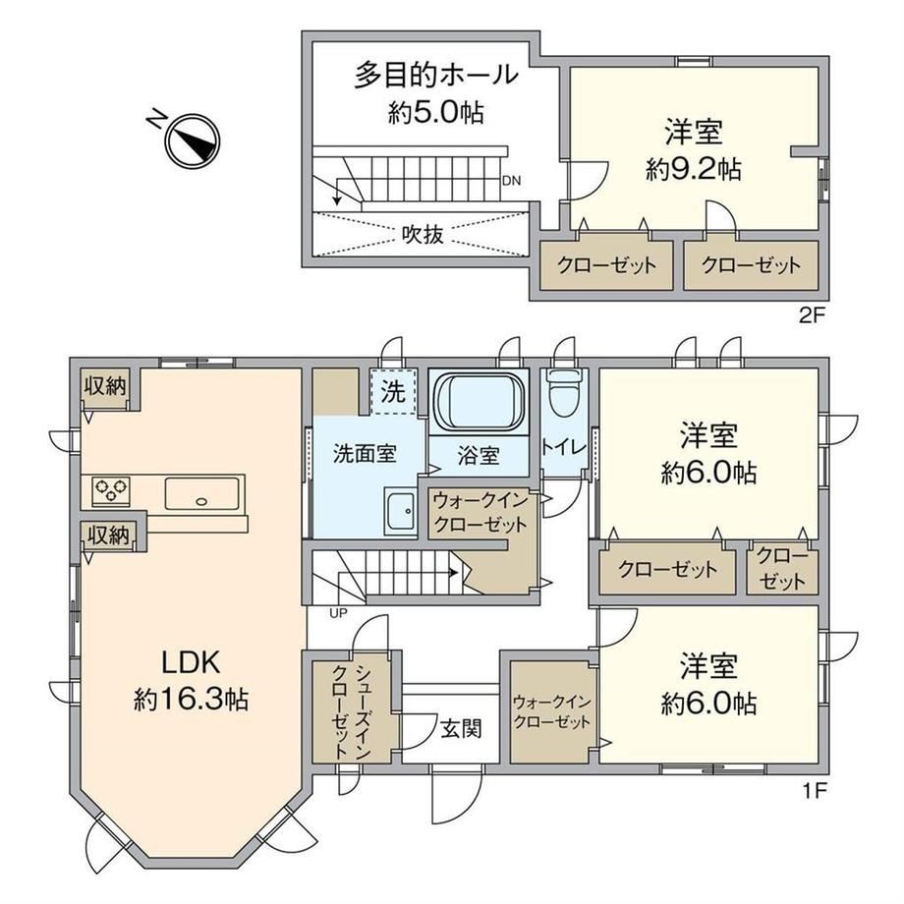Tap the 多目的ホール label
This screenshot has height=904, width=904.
pyautogui.click(x=436, y=76)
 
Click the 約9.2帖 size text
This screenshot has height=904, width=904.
pyautogui.click(x=694, y=169)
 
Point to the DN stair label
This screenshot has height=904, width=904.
pyautogui.click(x=511, y=181)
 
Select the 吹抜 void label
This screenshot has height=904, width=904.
pyautogui.click(x=423, y=235)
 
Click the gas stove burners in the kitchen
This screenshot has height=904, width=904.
pyautogui.click(x=111, y=491)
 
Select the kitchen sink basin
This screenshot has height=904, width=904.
pyautogui.click(x=201, y=493)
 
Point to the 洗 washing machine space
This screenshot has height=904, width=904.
pyautogui.click(x=393, y=392)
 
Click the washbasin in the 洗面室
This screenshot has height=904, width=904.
pyautogui.click(x=400, y=511)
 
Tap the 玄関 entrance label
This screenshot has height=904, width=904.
pyautogui.click(x=461, y=729)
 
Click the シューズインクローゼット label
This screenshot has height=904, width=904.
pyautogui.click(x=351, y=712)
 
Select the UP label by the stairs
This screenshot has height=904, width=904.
pyautogui.click(x=338, y=613)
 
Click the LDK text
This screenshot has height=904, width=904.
pyautogui.click(x=191, y=663)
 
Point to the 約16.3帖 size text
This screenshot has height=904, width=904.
pyautogui.click(x=191, y=700)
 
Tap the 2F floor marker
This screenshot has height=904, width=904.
pyautogui.click(x=813, y=315)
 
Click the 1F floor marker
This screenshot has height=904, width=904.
pyautogui.click(x=815, y=791)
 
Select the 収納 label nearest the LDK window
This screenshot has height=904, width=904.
pyautogui.click(x=105, y=386)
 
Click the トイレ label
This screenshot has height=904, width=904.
pyautogui.click(x=563, y=448)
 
